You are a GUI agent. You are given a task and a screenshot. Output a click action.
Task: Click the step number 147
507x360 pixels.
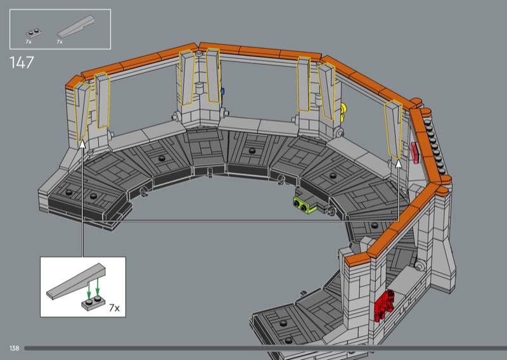coord(22,62)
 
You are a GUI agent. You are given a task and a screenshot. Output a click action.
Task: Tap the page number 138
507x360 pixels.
coord(14,348)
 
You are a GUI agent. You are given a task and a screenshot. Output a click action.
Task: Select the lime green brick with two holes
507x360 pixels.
coord(304,205)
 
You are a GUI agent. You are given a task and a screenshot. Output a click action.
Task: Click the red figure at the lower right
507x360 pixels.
coord(384,305)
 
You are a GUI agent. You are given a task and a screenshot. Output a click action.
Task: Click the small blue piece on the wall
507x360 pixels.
coord(222,91)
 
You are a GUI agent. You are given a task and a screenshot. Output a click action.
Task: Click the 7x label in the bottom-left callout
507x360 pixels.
coord(114,307)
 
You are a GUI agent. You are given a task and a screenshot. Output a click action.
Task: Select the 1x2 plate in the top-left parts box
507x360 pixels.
coord(34,33)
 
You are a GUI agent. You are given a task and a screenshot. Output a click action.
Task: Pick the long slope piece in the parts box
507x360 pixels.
coord(76,27)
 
